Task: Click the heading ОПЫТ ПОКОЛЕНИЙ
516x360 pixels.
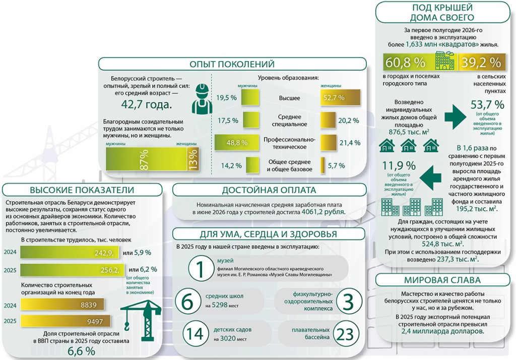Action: point(232,64)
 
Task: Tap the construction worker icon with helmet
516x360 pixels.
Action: point(202,99)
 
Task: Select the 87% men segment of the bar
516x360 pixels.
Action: point(147,159)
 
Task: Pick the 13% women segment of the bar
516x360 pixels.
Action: point(192,159)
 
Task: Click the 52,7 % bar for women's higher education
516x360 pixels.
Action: point(340,98)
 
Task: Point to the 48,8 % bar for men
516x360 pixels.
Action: point(236,143)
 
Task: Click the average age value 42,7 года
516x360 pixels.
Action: point(147,104)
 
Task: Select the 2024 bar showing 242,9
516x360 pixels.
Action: point(70,253)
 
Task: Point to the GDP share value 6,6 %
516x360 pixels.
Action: point(81,351)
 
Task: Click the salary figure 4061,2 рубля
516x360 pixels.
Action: point(324,212)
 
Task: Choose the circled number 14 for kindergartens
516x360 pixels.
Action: point(196,334)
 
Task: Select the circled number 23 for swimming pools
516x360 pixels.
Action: point(345,334)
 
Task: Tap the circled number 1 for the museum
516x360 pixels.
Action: point(201,269)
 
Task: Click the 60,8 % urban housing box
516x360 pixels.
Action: point(408,62)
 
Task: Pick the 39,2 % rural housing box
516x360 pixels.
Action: point(481,62)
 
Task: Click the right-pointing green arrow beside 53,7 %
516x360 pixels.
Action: point(456,117)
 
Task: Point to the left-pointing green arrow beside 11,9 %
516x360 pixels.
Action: point(430,178)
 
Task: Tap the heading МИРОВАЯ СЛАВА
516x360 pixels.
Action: point(442,280)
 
